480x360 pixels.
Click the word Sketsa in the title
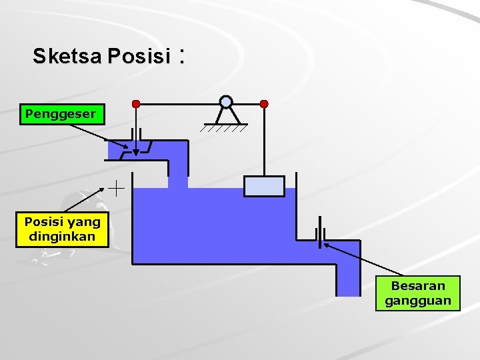(x=65, y=57)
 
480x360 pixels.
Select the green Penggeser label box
(x=61, y=115)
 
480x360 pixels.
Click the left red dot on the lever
(x=136, y=104)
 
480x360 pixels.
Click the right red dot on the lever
(x=264, y=104)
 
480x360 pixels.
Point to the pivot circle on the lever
(x=227, y=102)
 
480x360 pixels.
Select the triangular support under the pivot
(x=227, y=117)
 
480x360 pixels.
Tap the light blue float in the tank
(x=264, y=186)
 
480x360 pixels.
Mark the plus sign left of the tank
(x=117, y=189)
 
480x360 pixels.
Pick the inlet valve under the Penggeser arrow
(x=136, y=147)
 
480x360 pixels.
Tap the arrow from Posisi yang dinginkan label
(x=90, y=202)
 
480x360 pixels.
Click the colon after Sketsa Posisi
(x=181, y=57)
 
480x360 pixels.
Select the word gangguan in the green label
(x=418, y=301)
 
